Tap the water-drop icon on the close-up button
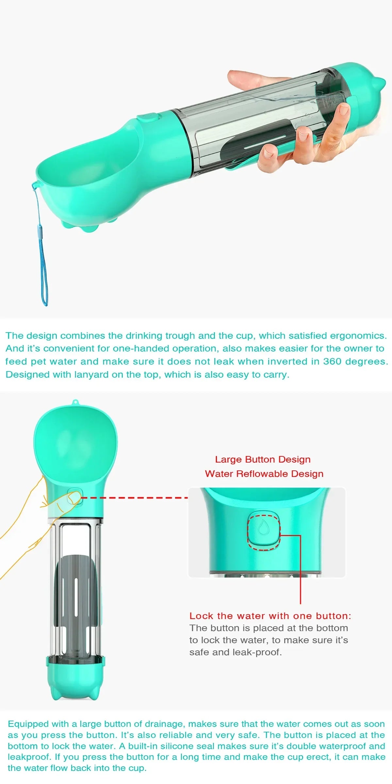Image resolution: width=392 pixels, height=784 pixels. pyautogui.click(x=263, y=528)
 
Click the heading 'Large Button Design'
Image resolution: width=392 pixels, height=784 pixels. pyautogui.click(x=263, y=459)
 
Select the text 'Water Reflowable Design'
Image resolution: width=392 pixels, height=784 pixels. pyautogui.click(x=264, y=474)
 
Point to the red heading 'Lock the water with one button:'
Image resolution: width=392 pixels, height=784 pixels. pyautogui.click(x=270, y=616)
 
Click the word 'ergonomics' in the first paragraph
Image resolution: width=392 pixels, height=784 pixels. pyautogui.click(x=358, y=335)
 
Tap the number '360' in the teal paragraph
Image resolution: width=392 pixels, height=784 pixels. pyautogui.click(x=333, y=361)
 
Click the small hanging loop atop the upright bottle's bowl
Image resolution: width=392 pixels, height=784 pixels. pyautogui.click(x=75, y=402)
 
